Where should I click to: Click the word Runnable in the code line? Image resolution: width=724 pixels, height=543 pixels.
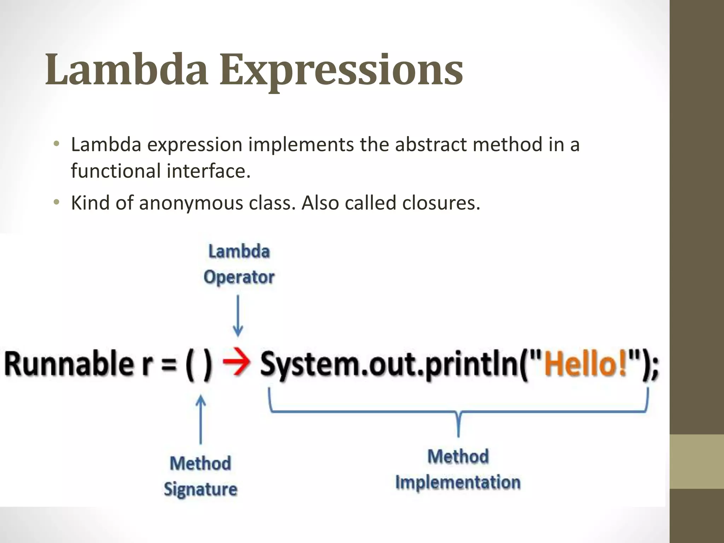coord(67,364)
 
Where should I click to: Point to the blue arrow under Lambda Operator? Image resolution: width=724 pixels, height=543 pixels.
coord(238,316)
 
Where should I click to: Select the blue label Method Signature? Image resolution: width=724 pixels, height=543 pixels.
coord(200,476)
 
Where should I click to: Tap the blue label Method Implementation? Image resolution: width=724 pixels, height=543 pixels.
coord(458,469)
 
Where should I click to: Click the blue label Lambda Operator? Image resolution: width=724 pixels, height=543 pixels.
coord(239,264)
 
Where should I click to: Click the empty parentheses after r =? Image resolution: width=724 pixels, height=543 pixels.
coord(199,364)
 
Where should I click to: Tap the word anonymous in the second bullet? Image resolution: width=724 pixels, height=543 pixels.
coord(191,204)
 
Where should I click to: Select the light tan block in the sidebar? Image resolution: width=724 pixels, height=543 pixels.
coord(696,461)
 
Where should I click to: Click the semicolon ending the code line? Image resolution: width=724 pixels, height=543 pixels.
coord(655,368)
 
